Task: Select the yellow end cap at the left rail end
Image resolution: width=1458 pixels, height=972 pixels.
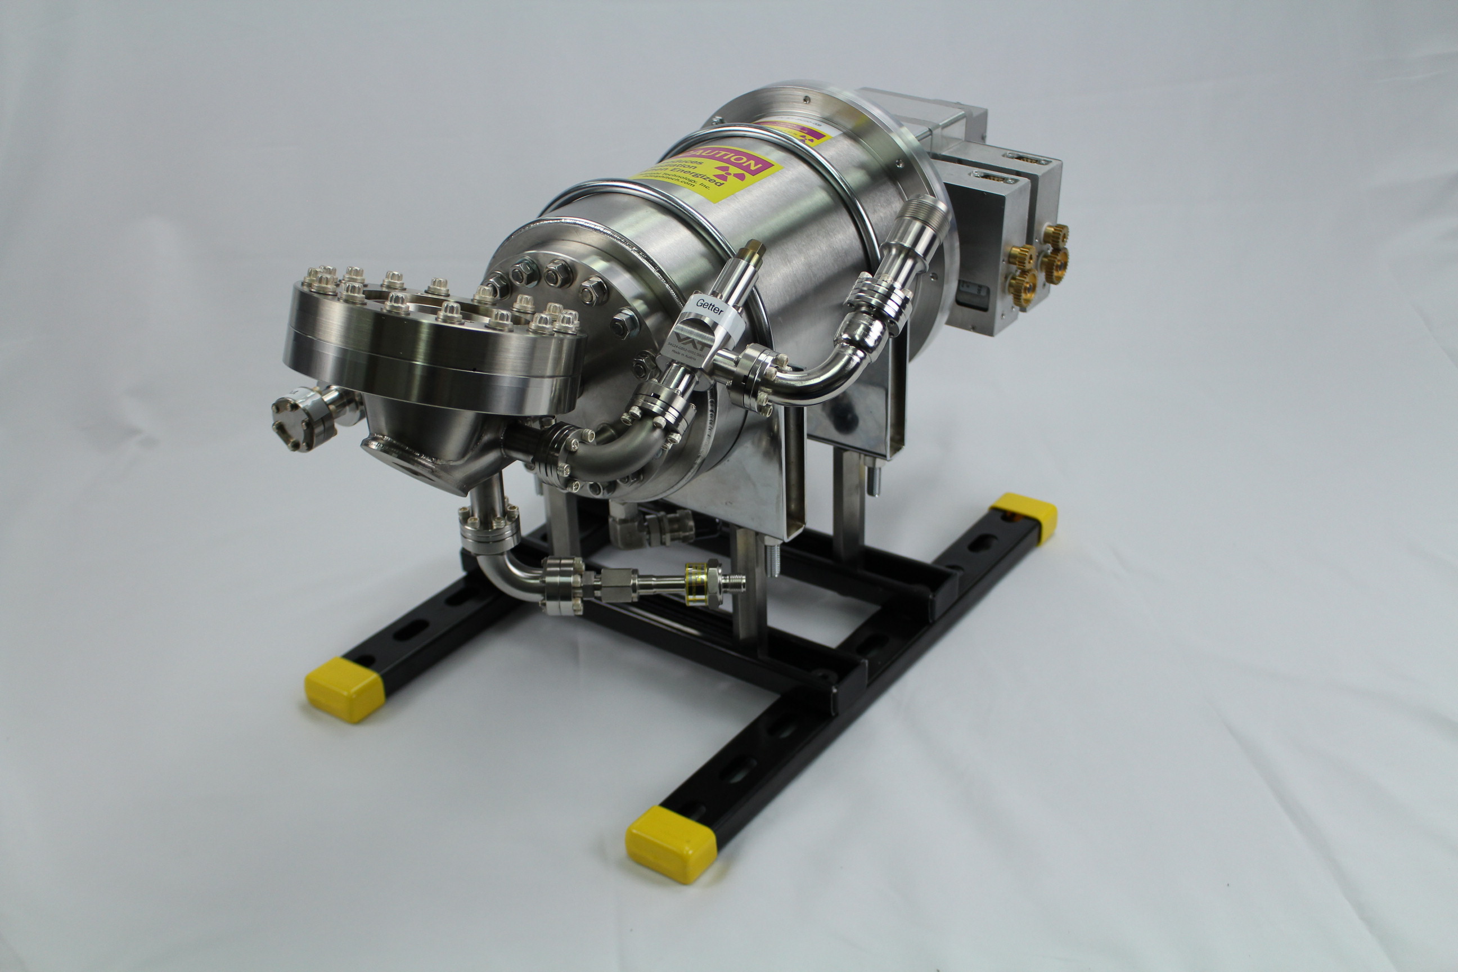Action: coord(345,689)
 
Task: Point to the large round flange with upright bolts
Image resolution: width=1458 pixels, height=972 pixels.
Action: coord(434,347)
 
